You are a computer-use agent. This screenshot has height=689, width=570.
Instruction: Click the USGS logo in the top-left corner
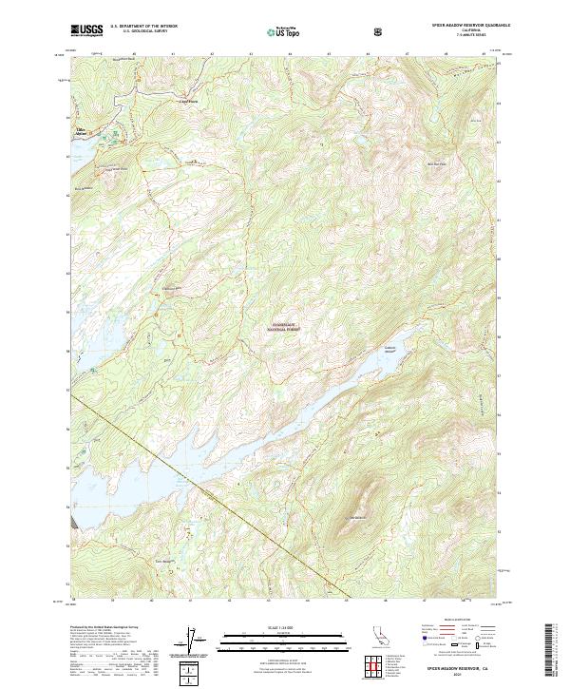(x=86, y=31)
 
